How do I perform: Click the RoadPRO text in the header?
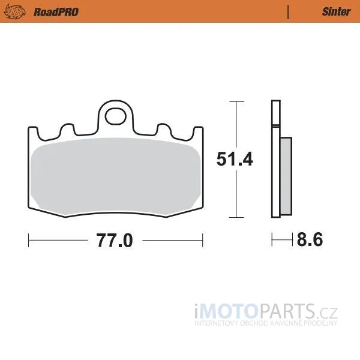coord(56,12)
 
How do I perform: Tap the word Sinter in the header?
coord(337,12)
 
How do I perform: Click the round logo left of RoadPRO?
coord(14,12)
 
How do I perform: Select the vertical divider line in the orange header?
coord(288,12)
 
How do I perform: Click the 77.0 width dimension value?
coord(115,241)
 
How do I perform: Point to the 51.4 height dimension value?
coord(235,159)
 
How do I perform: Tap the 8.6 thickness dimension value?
coord(310,239)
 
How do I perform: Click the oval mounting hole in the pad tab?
coord(116,116)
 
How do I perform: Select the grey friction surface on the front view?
coord(115,176)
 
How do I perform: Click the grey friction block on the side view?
coord(286,176)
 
